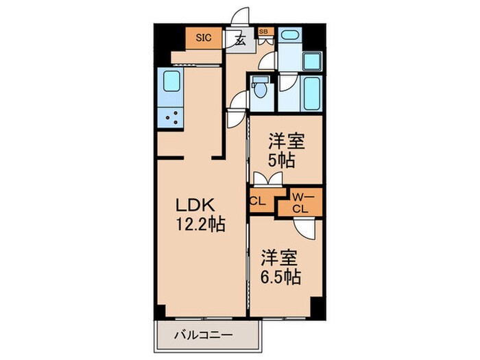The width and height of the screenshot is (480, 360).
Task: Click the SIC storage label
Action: [x=204, y=38]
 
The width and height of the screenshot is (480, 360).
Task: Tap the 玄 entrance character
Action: [x=240, y=40]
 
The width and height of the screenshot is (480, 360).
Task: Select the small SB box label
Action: [x=263, y=32]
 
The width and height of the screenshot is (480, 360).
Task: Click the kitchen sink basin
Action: [x=169, y=83]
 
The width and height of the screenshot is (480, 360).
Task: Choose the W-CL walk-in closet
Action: [x=300, y=204]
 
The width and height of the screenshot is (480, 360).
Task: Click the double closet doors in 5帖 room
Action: [x=267, y=179]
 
